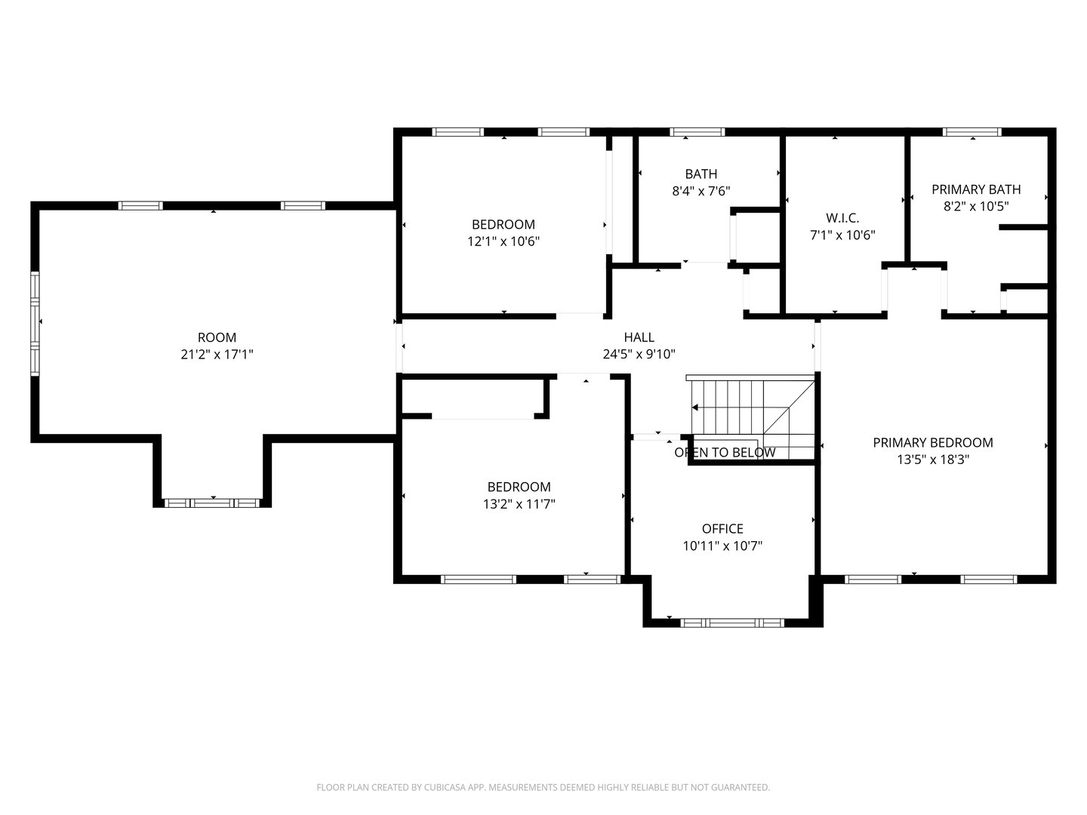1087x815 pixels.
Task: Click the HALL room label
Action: pos(639,337)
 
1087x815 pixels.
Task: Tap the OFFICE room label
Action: pos(722,529)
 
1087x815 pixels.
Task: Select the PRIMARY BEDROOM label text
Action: pos(933,443)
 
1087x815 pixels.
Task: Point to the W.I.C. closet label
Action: pos(842,218)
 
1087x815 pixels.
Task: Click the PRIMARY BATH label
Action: pos(976,189)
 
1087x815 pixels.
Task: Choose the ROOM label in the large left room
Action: pos(217,337)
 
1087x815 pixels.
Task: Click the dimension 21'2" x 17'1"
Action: pos(217,355)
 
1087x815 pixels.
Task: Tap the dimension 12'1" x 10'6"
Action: pos(503,241)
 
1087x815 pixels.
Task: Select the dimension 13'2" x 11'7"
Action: pos(519,504)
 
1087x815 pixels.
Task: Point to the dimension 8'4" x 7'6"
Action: pos(701,191)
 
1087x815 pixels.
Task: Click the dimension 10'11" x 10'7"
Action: pos(722,546)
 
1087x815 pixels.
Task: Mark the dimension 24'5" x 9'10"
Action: pos(639,355)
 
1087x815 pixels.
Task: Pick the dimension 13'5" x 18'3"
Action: pos(933,460)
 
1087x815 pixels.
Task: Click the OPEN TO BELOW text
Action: pos(725,452)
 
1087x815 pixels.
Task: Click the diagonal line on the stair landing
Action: pos(789,407)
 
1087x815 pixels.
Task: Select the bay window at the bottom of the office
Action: pos(732,623)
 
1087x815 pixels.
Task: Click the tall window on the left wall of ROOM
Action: pos(35,324)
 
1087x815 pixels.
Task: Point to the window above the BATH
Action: pos(697,131)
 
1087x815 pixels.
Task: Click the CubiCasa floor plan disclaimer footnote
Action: pos(543,787)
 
